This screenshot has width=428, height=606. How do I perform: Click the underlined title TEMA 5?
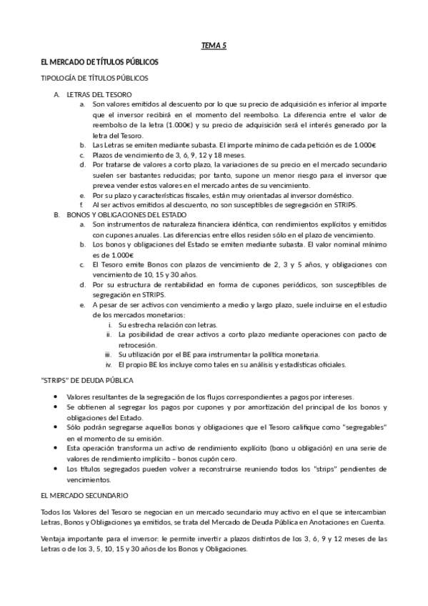(x=214, y=46)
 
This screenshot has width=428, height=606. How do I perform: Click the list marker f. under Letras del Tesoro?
(x=82, y=205)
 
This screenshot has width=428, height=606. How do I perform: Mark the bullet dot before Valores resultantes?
(x=56, y=397)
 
